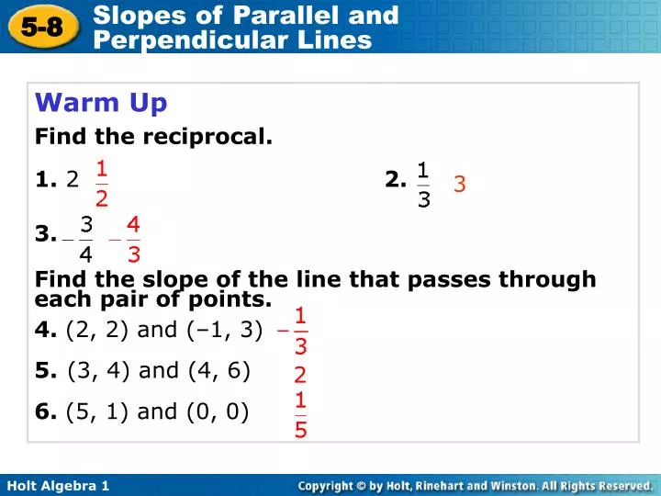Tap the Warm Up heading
(101, 103)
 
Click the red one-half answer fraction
(102, 183)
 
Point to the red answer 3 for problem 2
(460, 185)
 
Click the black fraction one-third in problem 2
(422, 184)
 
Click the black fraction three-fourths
(85, 237)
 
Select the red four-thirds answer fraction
(133, 237)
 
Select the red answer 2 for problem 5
(300, 375)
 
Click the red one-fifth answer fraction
(300, 414)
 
